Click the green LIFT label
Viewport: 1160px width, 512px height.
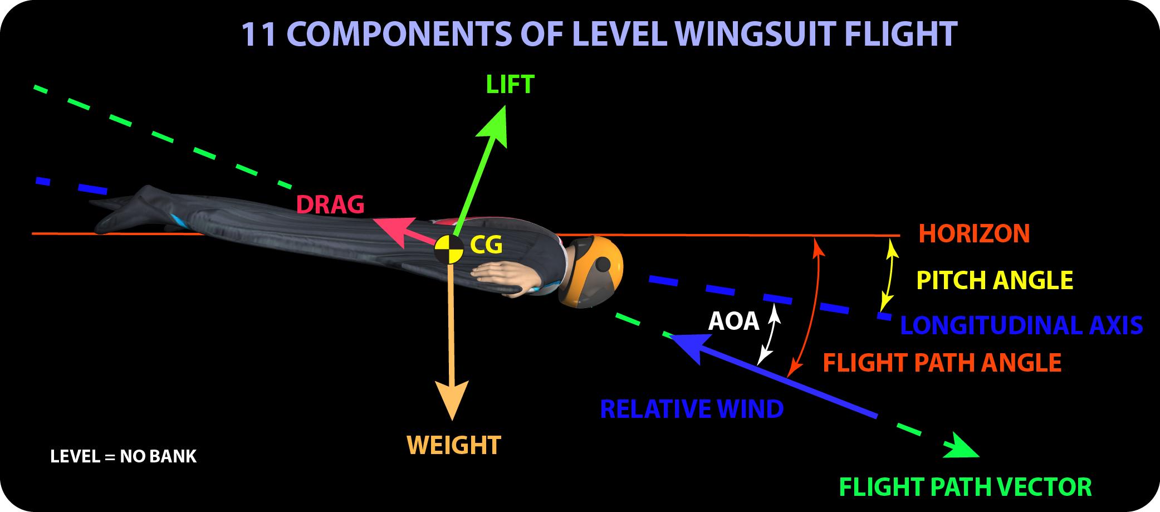tap(510, 85)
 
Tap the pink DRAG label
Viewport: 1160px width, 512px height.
tap(330, 205)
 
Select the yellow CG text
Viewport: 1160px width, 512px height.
tap(486, 244)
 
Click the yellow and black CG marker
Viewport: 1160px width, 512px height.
tap(449, 249)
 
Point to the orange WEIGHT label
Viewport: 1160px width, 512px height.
tap(454, 445)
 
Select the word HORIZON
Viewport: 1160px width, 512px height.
tap(974, 233)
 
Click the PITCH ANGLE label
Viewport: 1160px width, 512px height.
tap(995, 280)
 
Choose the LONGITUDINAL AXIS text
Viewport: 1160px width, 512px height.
tap(1021, 325)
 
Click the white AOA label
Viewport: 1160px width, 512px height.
tap(733, 321)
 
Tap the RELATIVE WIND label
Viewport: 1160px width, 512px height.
tap(692, 409)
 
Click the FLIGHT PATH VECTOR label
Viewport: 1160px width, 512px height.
tap(965, 487)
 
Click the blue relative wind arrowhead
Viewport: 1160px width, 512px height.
tap(688, 345)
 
